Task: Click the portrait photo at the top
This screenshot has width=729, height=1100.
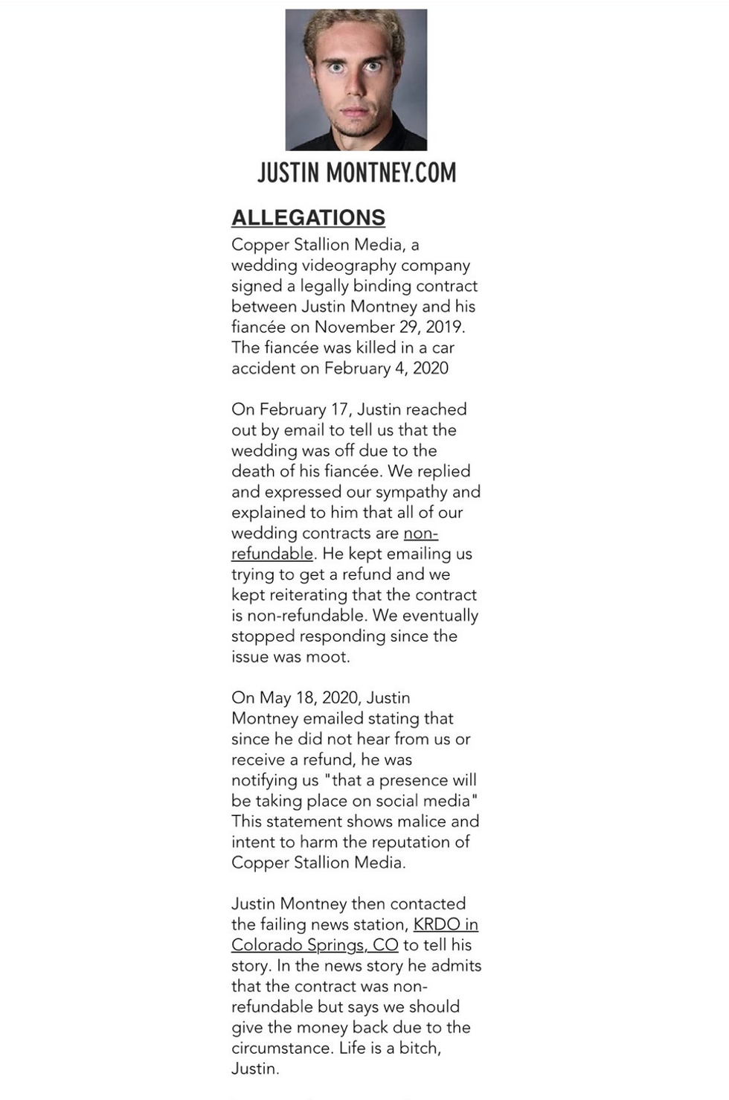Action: pyautogui.click(x=356, y=80)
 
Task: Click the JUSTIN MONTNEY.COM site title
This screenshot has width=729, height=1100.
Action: pyautogui.click(x=356, y=173)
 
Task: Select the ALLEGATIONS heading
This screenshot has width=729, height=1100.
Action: pyautogui.click(x=308, y=217)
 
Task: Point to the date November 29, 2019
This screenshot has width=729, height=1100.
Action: pyautogui.click(x=390, y=327)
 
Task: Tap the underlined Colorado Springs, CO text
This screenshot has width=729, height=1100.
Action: pyautogui.click(x=315, y=944)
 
